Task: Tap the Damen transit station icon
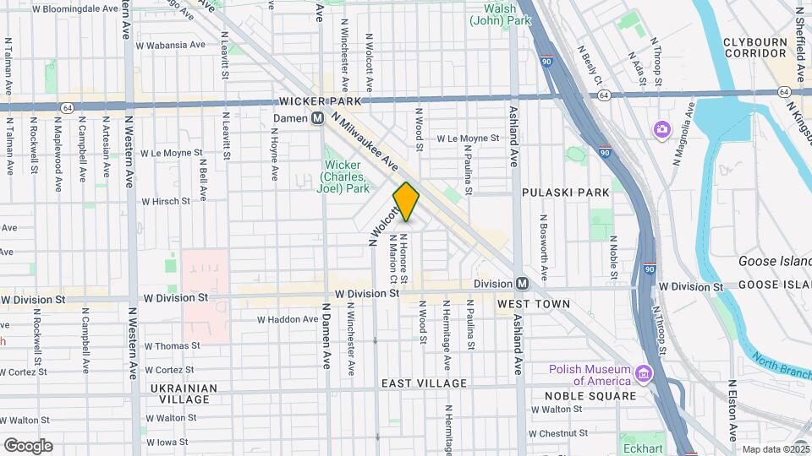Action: pos(318,119)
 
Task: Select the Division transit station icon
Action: pos(522,284)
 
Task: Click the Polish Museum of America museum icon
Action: pos(644,373)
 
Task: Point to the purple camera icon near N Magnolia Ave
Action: pos(661,129)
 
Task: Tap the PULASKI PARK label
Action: pos(565,193)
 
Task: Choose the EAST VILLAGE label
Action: pos(424,383)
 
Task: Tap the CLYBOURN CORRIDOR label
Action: pos(756,47)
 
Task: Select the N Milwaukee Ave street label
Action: pos(365,141)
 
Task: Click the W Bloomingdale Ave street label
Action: pos(75,8)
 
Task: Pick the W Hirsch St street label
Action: pos(166,202)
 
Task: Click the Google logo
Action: pos(28,446)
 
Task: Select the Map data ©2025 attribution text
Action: pos(776,449)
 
